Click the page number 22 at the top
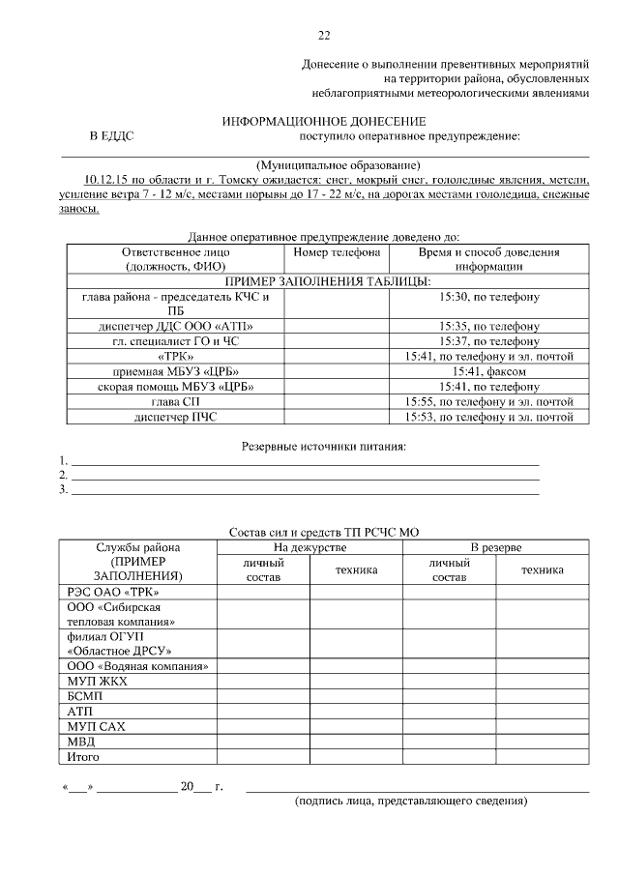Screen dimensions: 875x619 (x=324, y=36)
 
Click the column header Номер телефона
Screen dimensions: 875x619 (x=337, y=251)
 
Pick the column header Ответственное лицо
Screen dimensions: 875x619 (x=175, y=251)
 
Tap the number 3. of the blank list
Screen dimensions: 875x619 (x=64, y=490)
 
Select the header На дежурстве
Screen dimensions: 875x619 (x=309, y=547)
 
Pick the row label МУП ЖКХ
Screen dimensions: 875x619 (x=98, y=682)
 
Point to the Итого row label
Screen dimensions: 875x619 (x=83, y=757)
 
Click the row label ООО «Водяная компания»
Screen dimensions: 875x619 (x=138, y=666)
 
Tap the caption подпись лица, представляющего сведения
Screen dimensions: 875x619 (x=411, y=802)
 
